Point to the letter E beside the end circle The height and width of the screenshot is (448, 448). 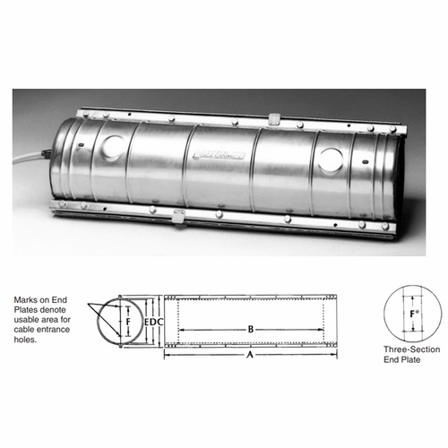point(147,319)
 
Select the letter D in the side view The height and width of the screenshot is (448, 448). point(153,319)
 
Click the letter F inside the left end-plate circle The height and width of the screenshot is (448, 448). point(128,318)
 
